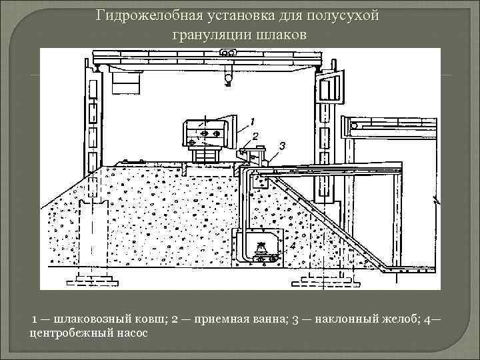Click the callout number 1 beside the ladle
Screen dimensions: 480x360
click(x=252, y=121)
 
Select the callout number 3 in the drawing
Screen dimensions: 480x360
click(x=282, y=145)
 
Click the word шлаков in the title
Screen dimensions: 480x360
click(x=279, y=34)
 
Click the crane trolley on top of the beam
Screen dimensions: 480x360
click(x=228, y=53)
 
